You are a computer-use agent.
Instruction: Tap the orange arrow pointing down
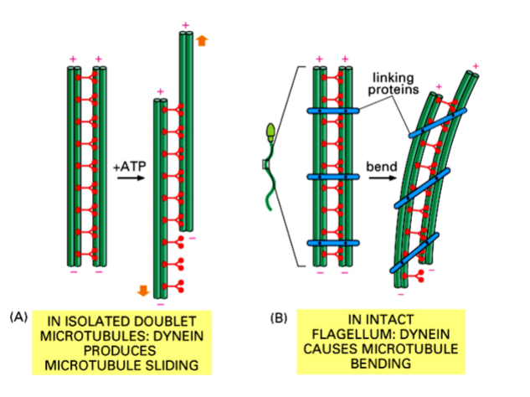pyautogui.click(x=142, y=291)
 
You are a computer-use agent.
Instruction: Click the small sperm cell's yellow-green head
pyautogui.click(x=270, y=131)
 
